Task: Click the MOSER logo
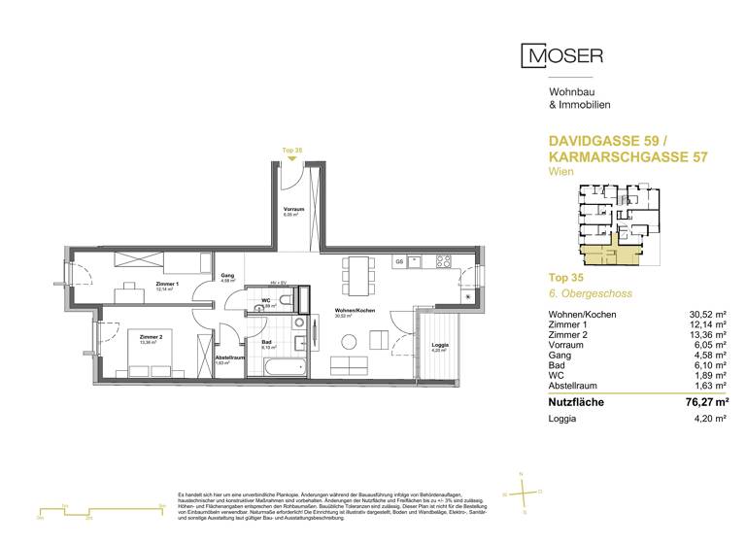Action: [562, 56]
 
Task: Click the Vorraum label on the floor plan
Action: [293, 209]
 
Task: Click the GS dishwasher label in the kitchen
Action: [398, 261]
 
